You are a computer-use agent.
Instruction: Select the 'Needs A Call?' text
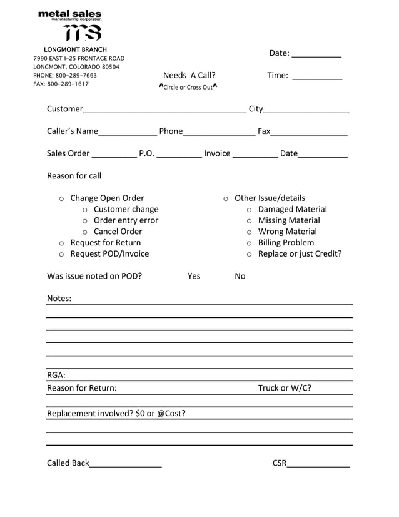[x=189, y=76]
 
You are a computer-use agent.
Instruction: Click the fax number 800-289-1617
[x=68, y=84]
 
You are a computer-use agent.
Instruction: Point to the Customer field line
[x=164, y=111]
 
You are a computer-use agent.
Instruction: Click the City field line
[x=306, y=111]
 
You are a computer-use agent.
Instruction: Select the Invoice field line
[x=255, y=156]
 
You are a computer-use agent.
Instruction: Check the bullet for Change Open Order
[x=61, y=198]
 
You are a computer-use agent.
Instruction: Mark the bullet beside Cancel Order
[x=85, y=232]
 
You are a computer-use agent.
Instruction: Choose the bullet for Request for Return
[x=61, y=243]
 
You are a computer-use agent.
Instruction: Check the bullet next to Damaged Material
[x=249, y=210]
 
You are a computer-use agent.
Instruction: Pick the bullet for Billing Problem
[x=249, y=243]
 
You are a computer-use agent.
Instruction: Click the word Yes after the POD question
[x=194, y=276]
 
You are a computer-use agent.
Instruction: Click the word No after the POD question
[x=240, y=276]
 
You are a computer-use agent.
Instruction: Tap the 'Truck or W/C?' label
[x=285, y=388]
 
